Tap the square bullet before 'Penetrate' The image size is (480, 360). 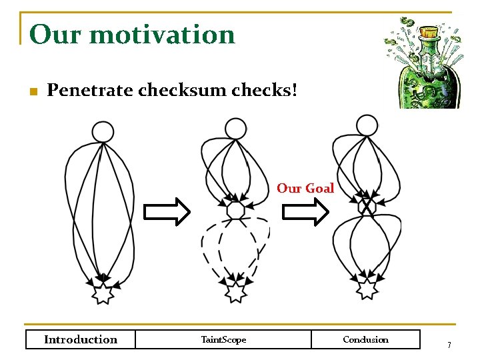point(32,91)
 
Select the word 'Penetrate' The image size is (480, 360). point(90,90)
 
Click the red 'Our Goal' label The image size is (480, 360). point(305,189)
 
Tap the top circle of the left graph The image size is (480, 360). point(103,131)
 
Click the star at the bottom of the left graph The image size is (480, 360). point(103,292)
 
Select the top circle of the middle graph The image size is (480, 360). point(235,128)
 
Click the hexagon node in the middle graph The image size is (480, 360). point(235,210)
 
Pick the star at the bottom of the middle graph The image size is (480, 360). point(235,291)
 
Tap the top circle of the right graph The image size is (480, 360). point(367,125)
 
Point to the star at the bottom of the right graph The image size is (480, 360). point(367,289)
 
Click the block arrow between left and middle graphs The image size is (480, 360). point(167,212)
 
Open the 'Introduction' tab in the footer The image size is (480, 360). point(80,339)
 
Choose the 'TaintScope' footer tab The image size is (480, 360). point(223,339)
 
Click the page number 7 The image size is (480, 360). point(449,345)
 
